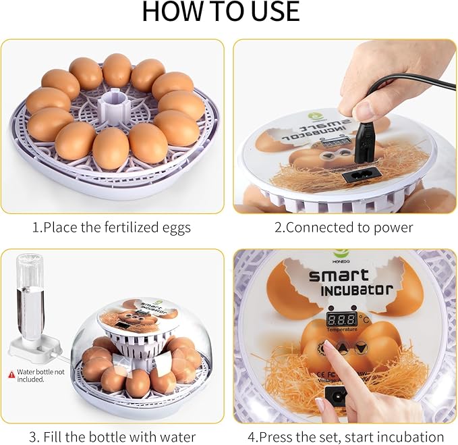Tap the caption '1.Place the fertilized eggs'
111,227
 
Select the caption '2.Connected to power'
343,227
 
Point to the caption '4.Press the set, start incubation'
343,436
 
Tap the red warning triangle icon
10,373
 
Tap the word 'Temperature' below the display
341,331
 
